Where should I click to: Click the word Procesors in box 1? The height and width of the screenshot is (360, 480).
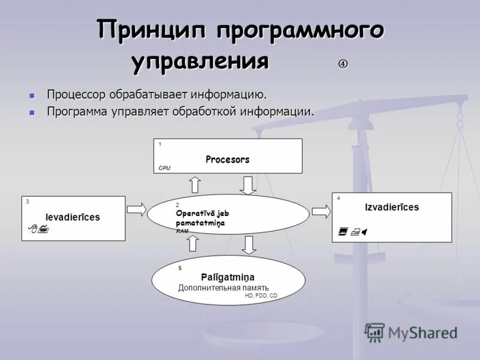(x=227, y=160)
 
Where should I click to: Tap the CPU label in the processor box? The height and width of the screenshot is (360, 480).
(x=164, y=169)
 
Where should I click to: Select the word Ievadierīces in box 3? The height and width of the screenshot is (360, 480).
(x=73, y=217)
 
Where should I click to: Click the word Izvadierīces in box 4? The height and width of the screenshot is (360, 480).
(x=392, y=208)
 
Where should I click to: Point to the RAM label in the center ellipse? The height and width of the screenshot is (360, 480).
(x=182, y=231)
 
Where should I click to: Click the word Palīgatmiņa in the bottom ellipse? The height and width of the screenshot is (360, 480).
(x=228, y=277)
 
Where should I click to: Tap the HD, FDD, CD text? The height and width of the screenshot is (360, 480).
(x=261, y=296)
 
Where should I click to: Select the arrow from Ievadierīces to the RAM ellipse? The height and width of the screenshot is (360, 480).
(x=136, y=210)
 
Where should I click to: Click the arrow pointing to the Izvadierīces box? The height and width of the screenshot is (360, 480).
(x=321, y=211)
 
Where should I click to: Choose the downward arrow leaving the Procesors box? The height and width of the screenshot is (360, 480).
(x=248, y=185)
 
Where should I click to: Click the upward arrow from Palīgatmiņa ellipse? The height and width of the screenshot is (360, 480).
(x=193, y=243)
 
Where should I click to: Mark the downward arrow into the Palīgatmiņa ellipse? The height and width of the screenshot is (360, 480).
(x=250, y=244)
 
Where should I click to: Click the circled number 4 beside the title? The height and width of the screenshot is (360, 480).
(x=343, y=64)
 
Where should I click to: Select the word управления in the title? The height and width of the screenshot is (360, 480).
(x=200, y=61)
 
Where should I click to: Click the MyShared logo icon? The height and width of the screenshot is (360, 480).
(x=375, y=332)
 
